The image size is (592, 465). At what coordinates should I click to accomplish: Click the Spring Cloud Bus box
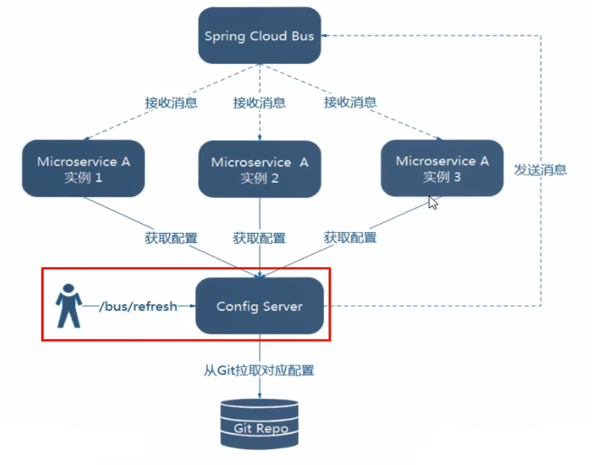pos(259,35)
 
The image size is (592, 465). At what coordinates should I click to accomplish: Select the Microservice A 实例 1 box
pos(83,169)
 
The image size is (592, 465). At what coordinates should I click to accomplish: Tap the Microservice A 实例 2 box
pos(259,170)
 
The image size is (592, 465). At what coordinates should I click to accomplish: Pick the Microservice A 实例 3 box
pos(442,169)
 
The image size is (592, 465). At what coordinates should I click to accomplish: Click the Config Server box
pos(259,306)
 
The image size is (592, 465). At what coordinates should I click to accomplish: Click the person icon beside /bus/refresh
pos(68,306)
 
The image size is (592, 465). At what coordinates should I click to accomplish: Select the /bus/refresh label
pos(138,306)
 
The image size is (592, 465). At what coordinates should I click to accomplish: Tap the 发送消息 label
pos(540,169)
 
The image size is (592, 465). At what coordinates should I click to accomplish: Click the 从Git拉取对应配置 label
pos(259,371)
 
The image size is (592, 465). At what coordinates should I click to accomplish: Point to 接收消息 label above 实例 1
pos(171,102)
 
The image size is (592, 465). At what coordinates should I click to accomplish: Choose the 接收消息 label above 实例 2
pos(259,102)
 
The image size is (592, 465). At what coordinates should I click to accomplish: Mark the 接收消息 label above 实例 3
pos(350,102)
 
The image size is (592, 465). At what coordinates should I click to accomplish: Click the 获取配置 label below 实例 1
pos(171,238)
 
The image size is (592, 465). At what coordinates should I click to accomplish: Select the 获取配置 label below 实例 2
pos(259,238)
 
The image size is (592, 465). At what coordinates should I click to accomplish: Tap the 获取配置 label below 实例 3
pos(350,238)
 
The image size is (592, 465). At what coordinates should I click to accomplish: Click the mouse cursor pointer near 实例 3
pos(432,202)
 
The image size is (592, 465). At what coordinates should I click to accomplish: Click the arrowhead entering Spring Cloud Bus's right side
pos(325,35)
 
